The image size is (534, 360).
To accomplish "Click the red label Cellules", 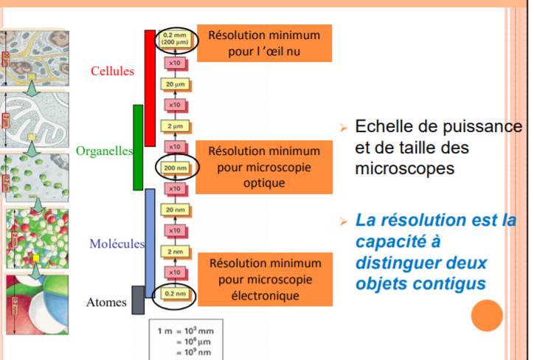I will [x=112, y=72].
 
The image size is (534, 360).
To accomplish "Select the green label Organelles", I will [x=103, y=151].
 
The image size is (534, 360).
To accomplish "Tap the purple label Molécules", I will [x=116, y=244].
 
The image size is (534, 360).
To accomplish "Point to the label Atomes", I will [x=106, y=302].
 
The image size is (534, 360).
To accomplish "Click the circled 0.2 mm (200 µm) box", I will [x=176, y=39].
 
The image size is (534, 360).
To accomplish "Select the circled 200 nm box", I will [x=175, y=167].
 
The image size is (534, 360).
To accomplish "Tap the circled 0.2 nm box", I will [x=175, y=294].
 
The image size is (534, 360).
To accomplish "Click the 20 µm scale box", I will [x=175, y=84].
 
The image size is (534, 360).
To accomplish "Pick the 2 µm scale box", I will [x=175, y=126].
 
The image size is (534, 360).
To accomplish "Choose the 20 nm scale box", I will [x=175, y=210].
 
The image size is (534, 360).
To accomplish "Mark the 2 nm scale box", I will [x=175, y=252].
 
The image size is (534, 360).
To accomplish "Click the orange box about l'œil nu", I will [x=264, y=43].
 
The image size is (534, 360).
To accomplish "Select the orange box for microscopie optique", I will [x=264, y=167].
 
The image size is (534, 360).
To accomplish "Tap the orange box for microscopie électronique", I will [x=264, y=280].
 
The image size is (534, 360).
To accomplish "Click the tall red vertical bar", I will [x=150, y=89].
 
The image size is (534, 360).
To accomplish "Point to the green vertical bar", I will [x=138, y=148].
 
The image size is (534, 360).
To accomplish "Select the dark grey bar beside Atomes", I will [x=138, y=300].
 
